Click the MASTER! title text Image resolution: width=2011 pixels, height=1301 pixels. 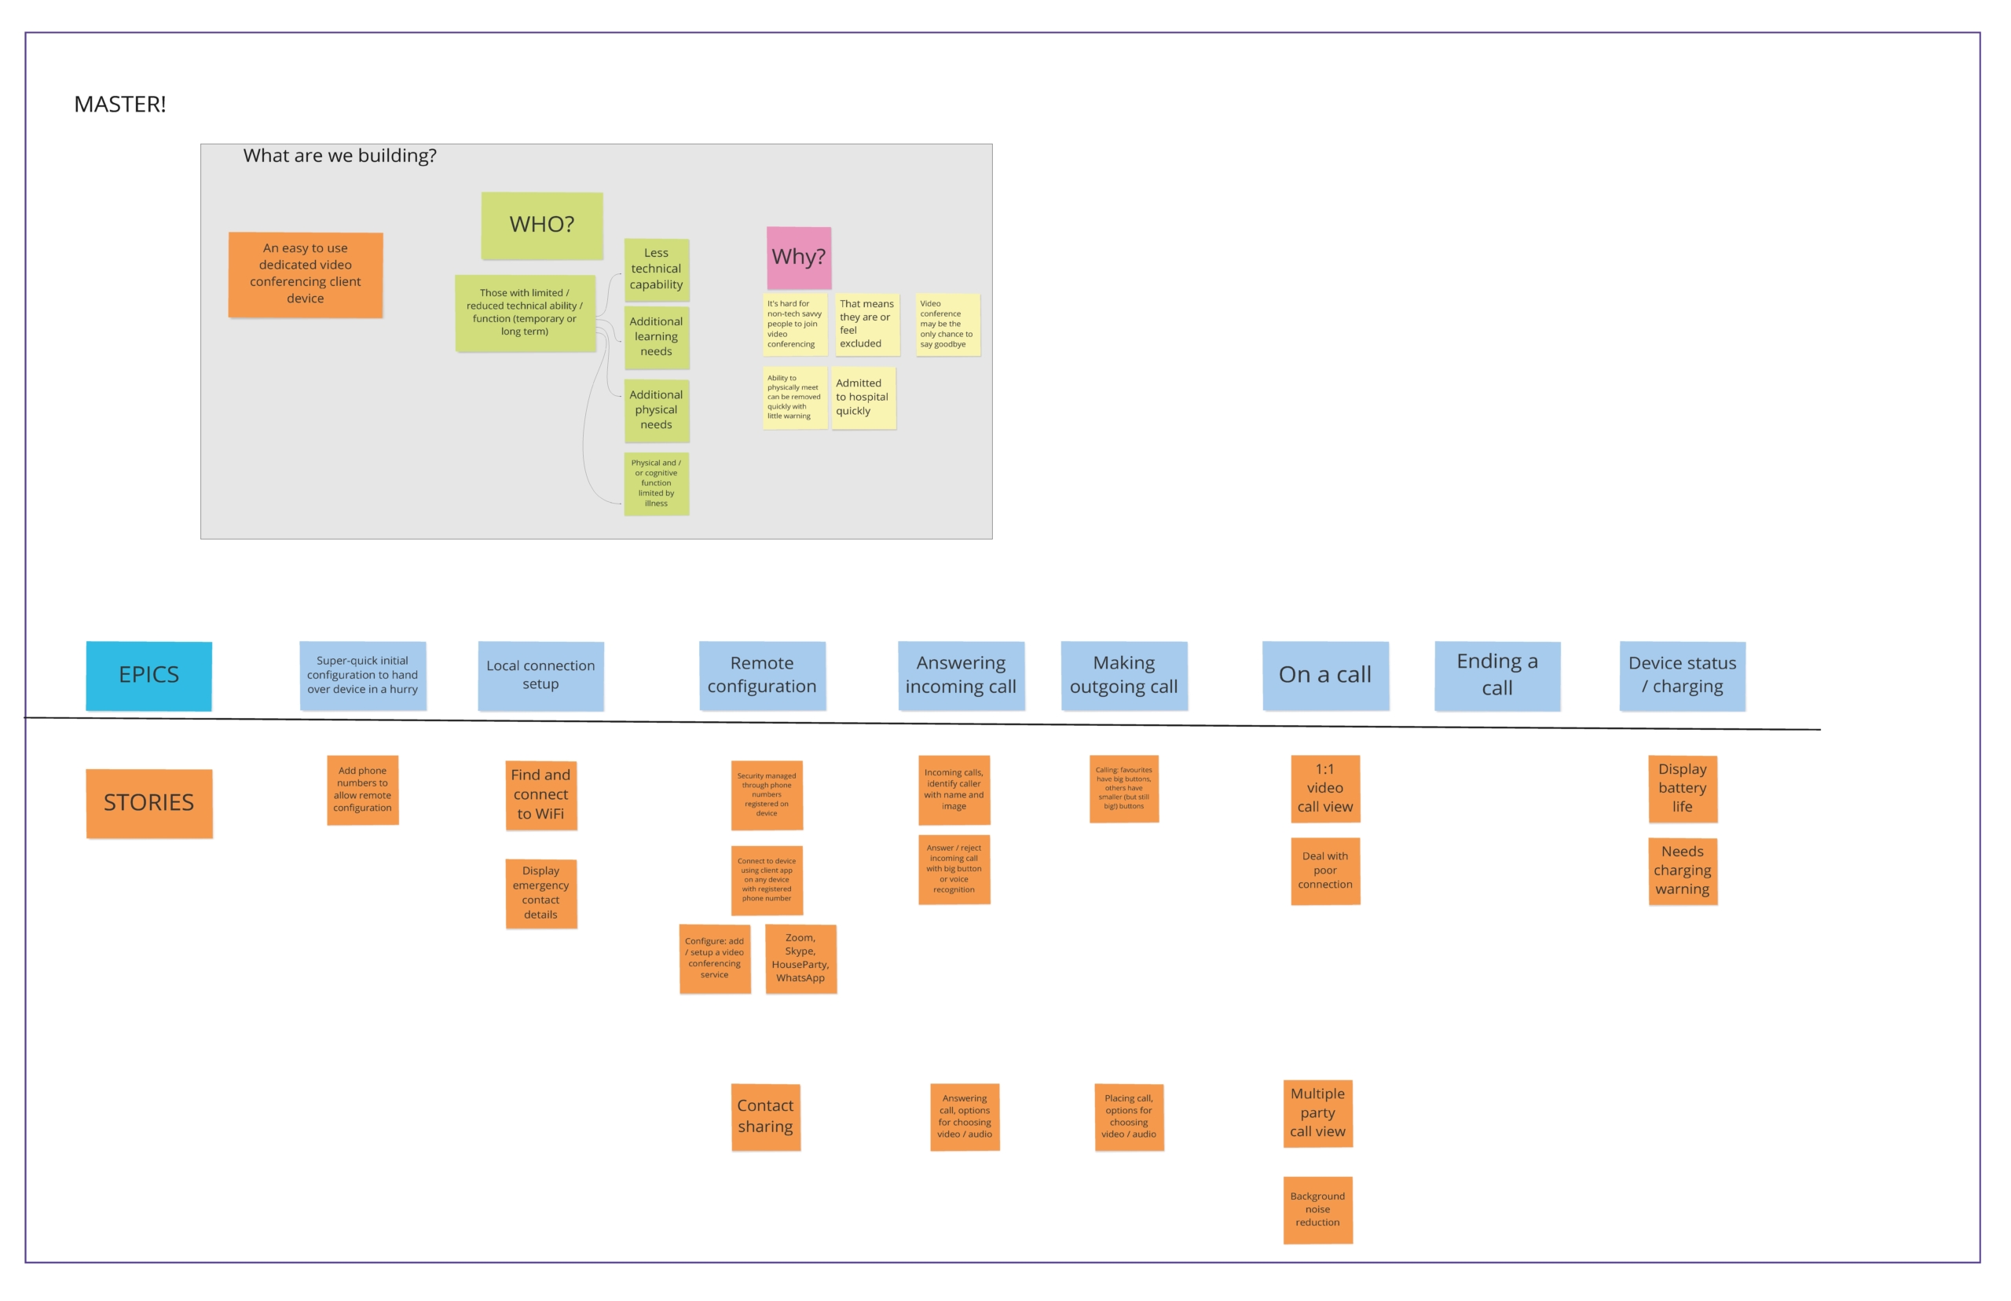point(120,104)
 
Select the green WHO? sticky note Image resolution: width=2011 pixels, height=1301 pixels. point(541,225)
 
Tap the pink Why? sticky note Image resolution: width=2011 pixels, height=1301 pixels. point(798,257)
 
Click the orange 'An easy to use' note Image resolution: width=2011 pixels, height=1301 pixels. point(305,273)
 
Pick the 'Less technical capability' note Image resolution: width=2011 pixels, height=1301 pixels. point(656,269)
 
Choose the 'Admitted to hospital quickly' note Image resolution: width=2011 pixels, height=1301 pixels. point(863,397)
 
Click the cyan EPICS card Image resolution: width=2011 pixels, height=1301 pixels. point(148,675)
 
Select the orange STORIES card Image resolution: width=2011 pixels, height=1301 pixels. point(148,803)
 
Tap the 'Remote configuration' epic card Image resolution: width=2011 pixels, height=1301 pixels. point(762,675)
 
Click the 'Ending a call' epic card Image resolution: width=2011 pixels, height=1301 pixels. point(1496,675)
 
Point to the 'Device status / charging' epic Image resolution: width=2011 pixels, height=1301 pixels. point(1682,675)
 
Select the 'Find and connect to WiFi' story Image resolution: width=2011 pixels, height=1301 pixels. point(540,794)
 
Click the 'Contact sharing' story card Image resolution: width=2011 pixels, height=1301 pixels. point(765,1116)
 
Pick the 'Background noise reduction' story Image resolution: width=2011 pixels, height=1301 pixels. point(1317,1209)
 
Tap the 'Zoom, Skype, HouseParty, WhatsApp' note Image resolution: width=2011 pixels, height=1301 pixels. point(800,958)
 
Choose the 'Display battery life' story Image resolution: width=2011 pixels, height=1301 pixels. point(1682,788)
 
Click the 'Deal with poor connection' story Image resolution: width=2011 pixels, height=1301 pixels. point(1324,870)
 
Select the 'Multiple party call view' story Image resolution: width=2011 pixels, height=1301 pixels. point(1317,1112)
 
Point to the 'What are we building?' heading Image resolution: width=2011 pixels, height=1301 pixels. point(339,156)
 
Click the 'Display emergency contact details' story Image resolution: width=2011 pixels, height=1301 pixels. point(540,893)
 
